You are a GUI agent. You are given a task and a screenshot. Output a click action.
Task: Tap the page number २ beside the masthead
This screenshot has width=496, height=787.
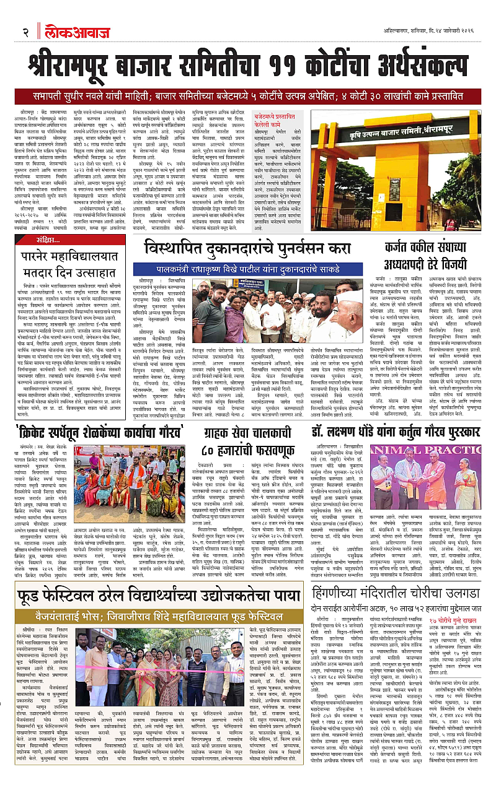(26, 32)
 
